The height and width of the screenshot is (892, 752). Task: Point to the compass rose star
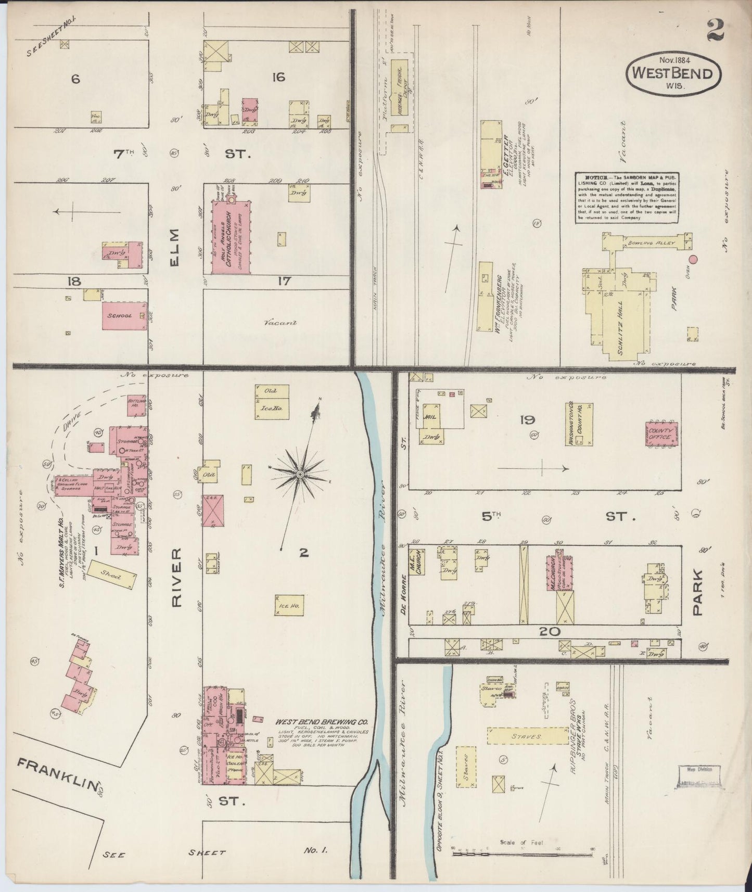click(x=300, y=475)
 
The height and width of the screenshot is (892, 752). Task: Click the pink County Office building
click(x=661, y=434)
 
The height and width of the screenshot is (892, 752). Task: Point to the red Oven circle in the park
click(x=693, y=259)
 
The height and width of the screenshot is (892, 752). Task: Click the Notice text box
click(x=628, y=198)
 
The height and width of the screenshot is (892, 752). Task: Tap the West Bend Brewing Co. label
click(x=322, y=722)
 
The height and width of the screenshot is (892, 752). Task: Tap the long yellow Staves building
click(x=528, y=736)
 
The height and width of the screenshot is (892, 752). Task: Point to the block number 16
click(x=278, y=78)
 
